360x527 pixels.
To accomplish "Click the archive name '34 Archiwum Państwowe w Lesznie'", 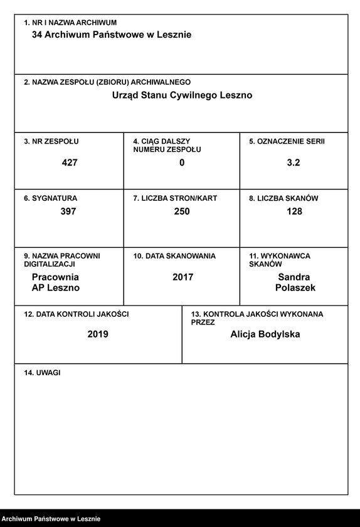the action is coord(112,35).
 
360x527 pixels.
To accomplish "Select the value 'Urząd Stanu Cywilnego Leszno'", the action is coord(182,95).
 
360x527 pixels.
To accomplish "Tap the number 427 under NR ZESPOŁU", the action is coord(70,162).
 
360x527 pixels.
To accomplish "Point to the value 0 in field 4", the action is coord(182,162).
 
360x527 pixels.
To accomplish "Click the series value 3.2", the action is coord(294,162).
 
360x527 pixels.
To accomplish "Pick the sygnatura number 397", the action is coord(68,211).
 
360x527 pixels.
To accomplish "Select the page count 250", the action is coord(182,211).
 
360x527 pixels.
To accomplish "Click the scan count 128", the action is coord(294,211).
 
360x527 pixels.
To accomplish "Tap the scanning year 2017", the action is coord(183,277).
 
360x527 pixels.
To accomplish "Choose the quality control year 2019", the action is coord(98,334).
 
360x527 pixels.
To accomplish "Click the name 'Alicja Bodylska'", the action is coord(265,334).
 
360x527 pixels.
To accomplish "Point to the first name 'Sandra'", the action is coord(294,277).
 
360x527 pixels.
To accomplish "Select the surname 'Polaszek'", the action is coord(295,288).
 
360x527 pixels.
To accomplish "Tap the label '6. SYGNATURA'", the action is coord(51,198).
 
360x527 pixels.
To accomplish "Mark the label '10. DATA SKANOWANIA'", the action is coord(174,256).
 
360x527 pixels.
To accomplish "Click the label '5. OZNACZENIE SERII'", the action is coord(287,142).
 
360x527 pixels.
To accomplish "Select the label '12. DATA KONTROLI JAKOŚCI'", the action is coord(76,314).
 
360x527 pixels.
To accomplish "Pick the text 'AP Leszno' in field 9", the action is coord(56,288).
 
